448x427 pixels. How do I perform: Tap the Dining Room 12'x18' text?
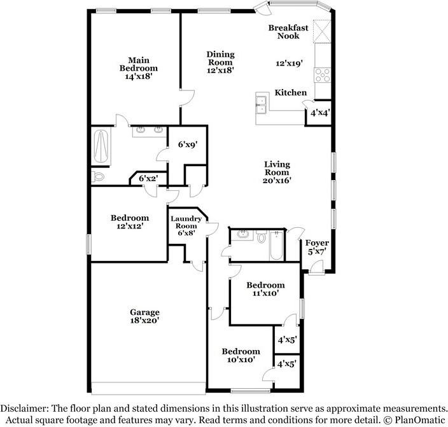point(220,62)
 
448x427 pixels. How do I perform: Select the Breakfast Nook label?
point(288,32)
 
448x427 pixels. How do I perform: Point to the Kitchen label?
point(290,93)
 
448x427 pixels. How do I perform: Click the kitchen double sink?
point(261,104)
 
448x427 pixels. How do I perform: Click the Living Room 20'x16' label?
point(277,172)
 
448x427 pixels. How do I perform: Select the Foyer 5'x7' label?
point(316,248)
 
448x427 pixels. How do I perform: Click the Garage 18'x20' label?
point(144,316)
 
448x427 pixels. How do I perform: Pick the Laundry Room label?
point(186,226)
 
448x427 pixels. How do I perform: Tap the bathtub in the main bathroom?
point(101,146)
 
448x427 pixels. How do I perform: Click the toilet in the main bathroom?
point(97,175)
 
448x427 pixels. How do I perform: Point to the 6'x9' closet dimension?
point(186,144)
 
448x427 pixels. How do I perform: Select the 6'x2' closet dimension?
point(148,179)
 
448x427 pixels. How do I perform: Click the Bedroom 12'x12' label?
point(129,221)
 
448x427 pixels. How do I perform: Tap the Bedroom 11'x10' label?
point(265,289)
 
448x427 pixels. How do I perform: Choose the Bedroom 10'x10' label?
point(241,355)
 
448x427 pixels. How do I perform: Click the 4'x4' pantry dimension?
point(319,113)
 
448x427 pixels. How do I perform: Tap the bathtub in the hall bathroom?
point(276,246)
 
